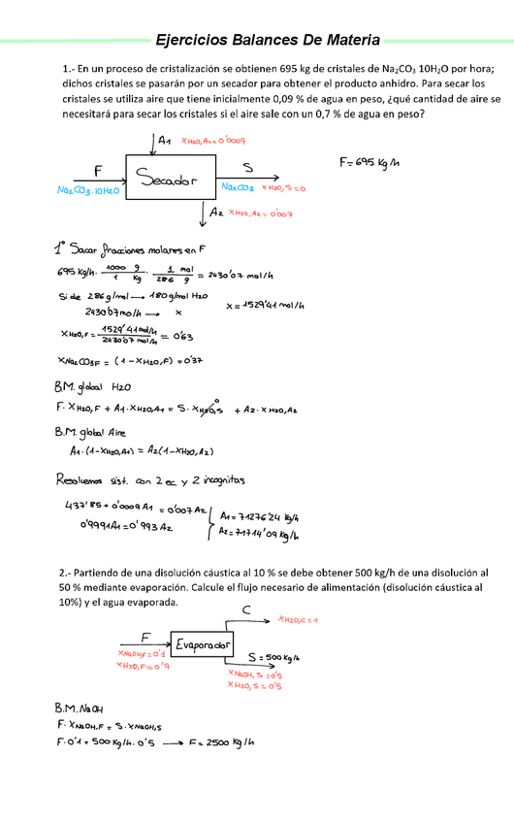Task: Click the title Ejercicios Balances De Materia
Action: (x=269, y=40)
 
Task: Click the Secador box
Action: (x=167, y=178)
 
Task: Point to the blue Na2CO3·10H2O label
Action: (x=87, y=192)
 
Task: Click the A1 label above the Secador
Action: (x=165, y=142)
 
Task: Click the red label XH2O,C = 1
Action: (x=299, y=619)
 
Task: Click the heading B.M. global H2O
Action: (x=93, y=386)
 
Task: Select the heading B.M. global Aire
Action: (x=93, y=430)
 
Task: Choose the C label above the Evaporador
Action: (x=247, y=609)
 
